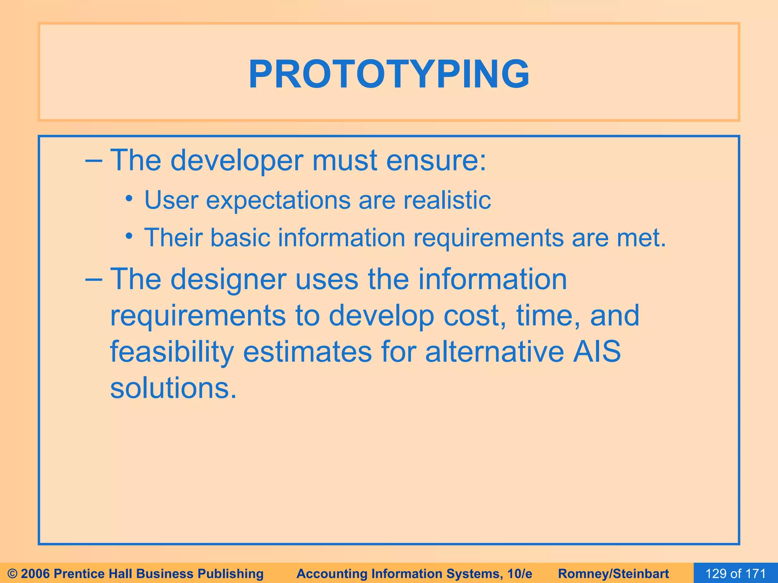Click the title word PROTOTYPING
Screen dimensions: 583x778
pos(389,74)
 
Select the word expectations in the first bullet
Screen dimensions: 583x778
pos(278,200)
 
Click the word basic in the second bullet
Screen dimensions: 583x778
pos(240,238)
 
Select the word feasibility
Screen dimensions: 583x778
pos(172,352)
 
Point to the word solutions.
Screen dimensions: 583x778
pos(173,389)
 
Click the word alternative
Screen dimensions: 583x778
pos(494,351)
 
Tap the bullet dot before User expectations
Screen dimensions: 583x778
pos(129,199)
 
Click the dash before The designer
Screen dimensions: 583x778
pos(93,279)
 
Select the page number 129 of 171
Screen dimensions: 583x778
pos(735,574)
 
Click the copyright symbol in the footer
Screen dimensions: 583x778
pos(13,574)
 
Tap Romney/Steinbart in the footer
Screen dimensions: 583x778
pos(614,574)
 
